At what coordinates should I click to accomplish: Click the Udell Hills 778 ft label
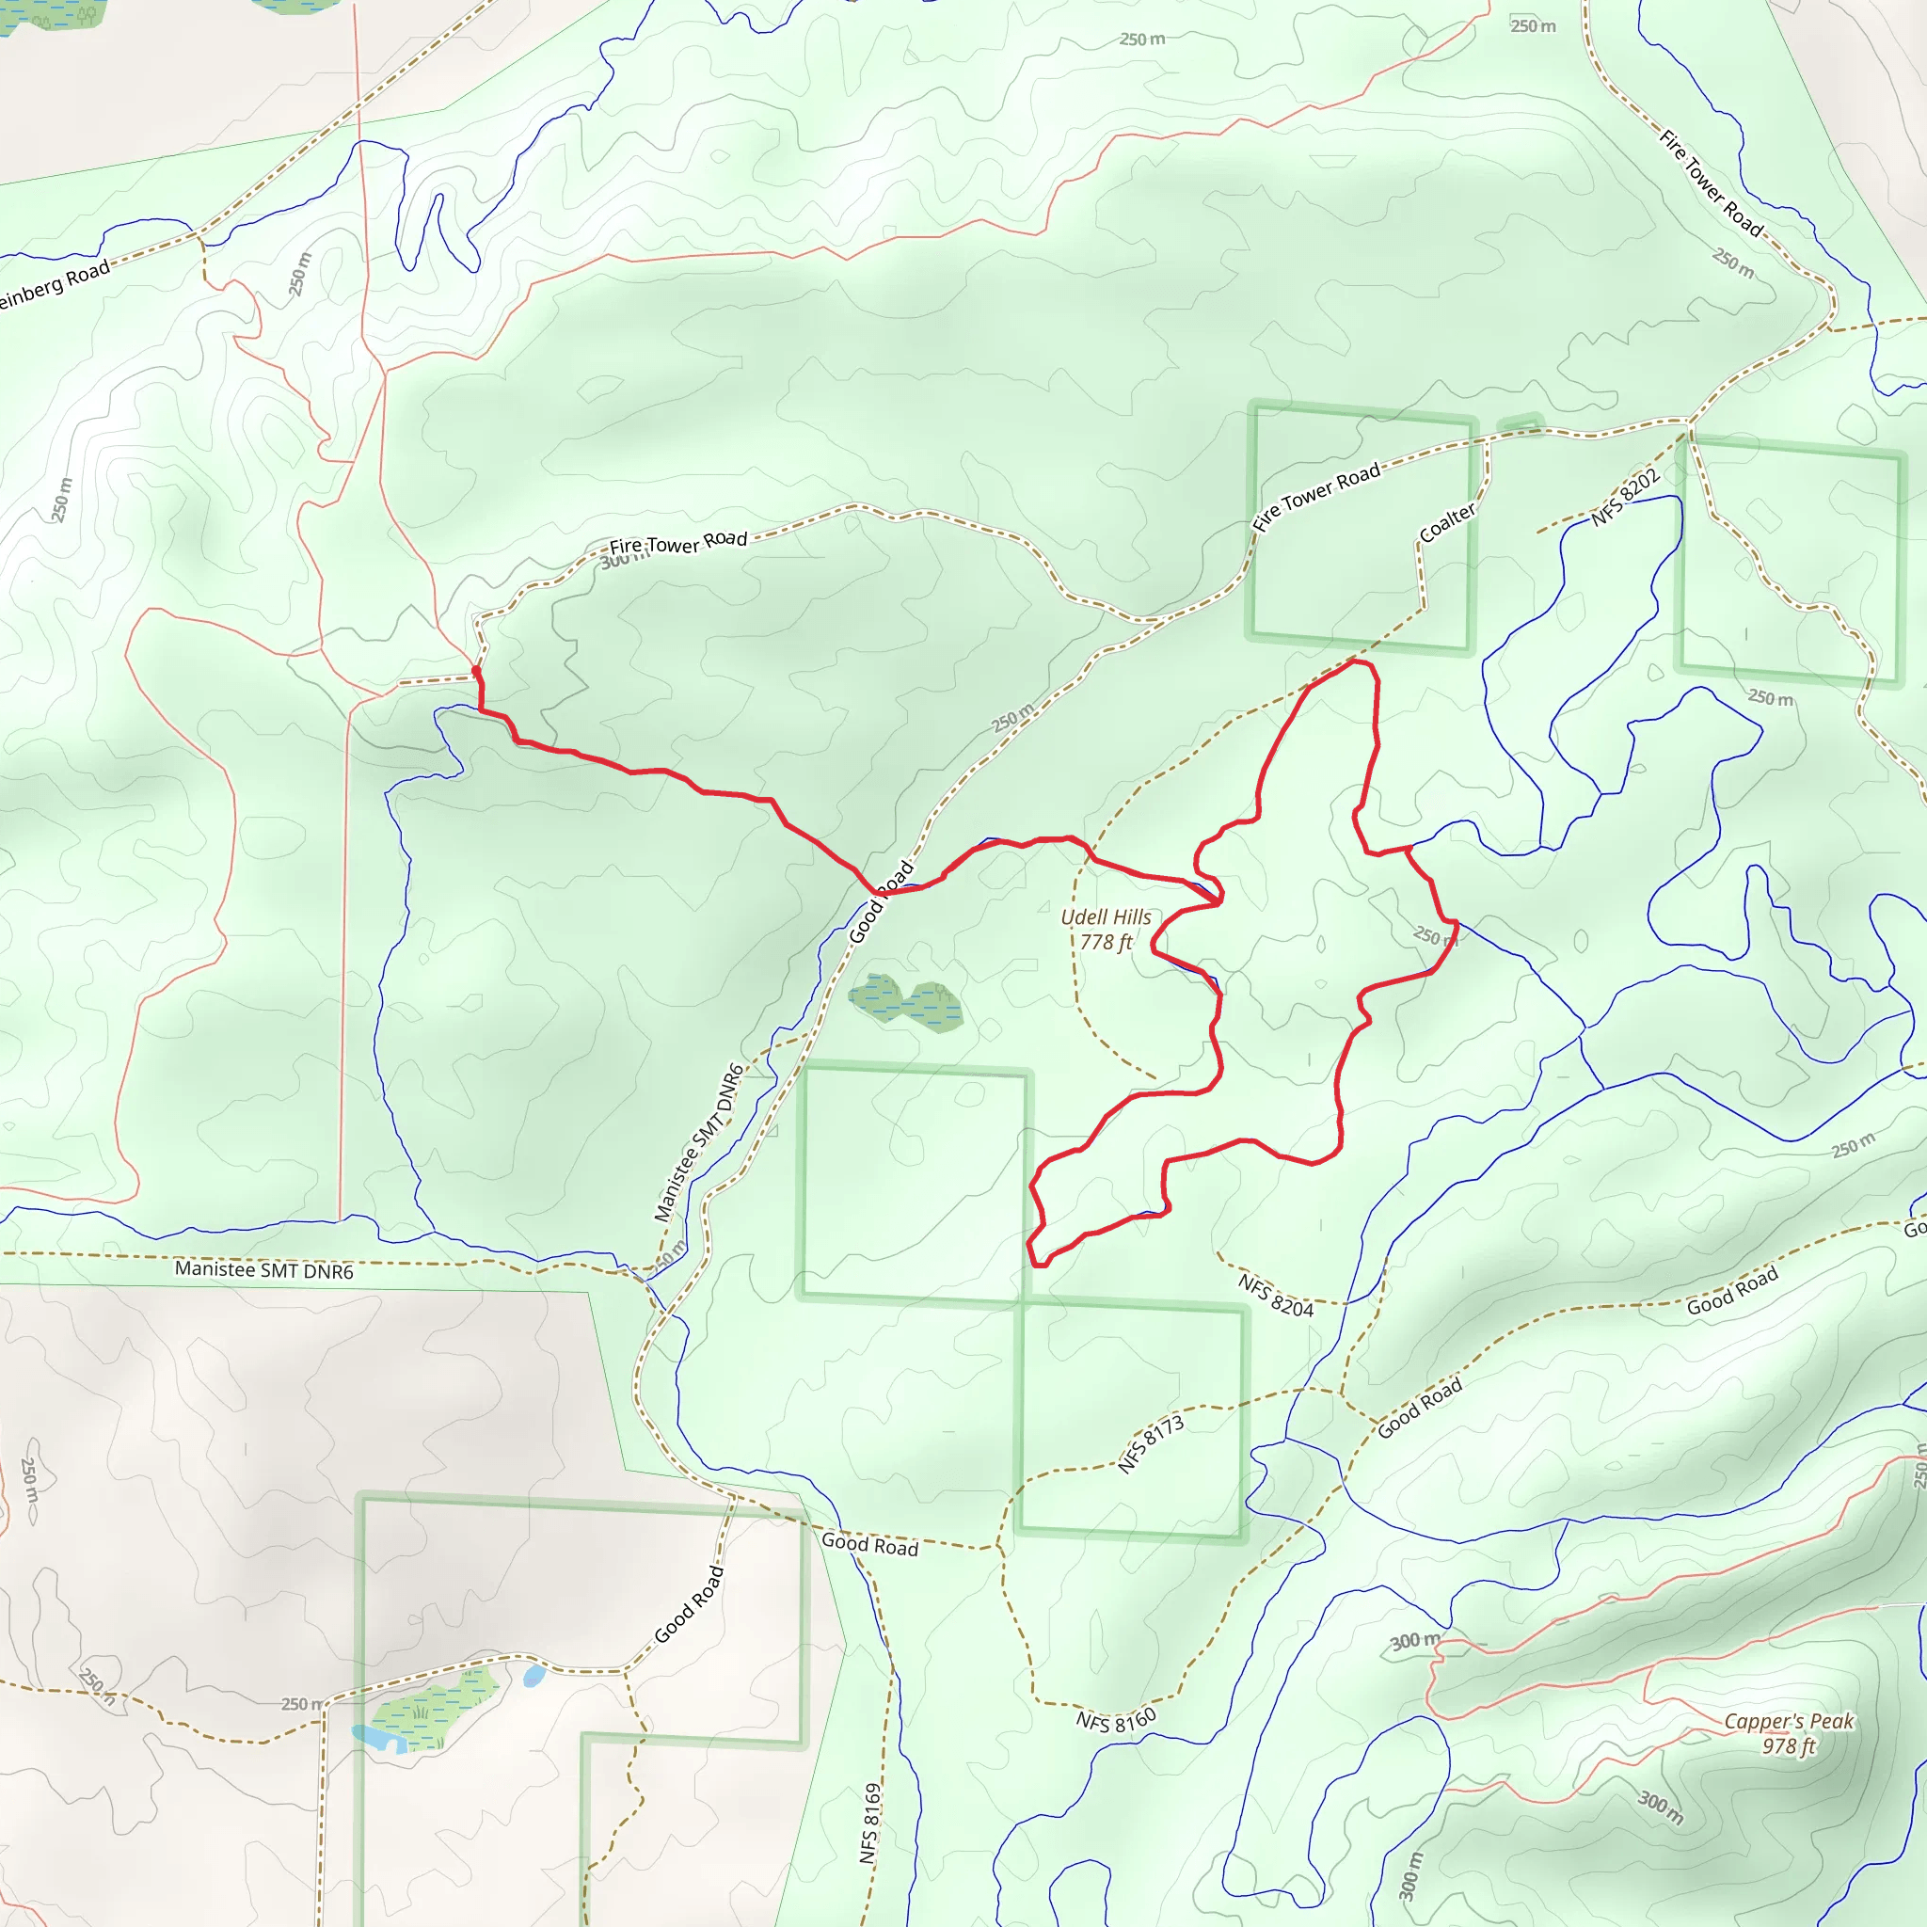1106,929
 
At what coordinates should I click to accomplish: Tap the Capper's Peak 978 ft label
1789,1732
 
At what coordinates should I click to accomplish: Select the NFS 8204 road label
1276,1295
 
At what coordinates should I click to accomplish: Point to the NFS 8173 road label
1151,1443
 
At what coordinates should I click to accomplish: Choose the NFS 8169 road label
870,1823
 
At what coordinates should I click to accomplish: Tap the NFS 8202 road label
1625,497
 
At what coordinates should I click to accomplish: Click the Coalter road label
1446,522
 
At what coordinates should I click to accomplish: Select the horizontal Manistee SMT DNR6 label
263,1269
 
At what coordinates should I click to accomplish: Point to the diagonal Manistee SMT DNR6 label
699,1142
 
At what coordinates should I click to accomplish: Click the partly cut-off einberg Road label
55,285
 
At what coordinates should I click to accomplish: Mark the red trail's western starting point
476,670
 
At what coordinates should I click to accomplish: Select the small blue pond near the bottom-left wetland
534,1675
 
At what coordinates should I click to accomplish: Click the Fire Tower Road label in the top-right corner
1712,183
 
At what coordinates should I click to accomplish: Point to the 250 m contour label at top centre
1142,40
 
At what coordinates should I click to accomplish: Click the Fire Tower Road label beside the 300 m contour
678,543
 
